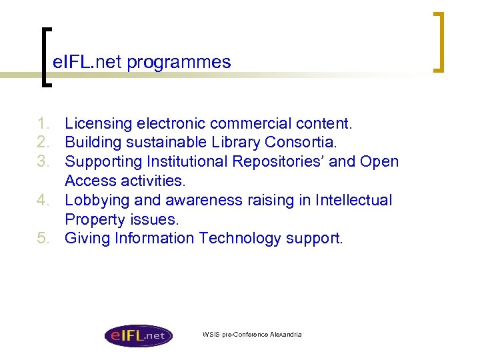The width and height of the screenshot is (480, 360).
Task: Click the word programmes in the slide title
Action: pyautogui.click(x=179, y=63)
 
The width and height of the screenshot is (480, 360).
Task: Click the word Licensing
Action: pyautogui.click(x=99, y=123)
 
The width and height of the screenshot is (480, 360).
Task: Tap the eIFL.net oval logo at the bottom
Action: pyautogui.click(x=138, y=335)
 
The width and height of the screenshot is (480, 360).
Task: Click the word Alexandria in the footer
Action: pyautogui.click(x=285, y=334)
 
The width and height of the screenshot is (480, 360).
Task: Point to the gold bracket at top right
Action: pyautogui.click(x=439, y=41)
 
